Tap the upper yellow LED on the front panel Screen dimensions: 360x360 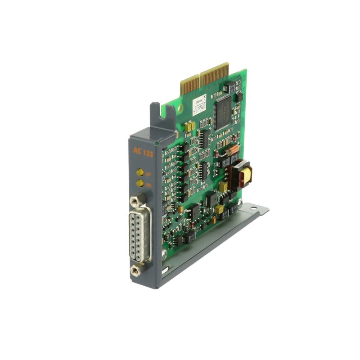point(140,172)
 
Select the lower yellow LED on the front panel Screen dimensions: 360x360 point(140,184)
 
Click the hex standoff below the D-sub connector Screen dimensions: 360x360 point(135,270)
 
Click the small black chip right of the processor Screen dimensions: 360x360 point(239,96)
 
